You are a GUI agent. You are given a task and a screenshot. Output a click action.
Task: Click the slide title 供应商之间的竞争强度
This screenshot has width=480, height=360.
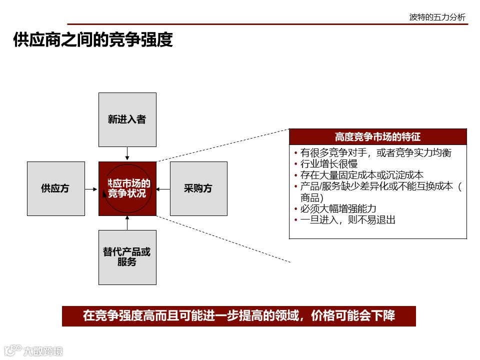coord(93,40)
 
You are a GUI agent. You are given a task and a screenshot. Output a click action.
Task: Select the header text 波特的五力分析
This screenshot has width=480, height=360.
coord(437,17)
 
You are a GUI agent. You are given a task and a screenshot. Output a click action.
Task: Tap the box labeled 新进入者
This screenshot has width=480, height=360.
coord(127,119)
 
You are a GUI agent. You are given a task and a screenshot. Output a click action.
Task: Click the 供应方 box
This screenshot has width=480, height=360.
coord(55,188)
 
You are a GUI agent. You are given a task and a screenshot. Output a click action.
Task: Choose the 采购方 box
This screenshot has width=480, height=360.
coord(198,188)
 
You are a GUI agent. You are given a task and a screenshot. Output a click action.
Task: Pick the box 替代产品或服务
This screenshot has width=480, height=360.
coord(127,257)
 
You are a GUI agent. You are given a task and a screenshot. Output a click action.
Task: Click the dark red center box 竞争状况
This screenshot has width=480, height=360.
coord(127,188)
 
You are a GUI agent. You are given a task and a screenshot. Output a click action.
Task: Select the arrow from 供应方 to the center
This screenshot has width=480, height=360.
coord(91,189)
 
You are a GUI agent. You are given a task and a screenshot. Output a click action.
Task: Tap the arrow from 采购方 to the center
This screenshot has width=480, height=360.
coord(163,189)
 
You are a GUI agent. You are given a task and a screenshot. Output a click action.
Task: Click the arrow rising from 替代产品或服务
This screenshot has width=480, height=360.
coord(127,223)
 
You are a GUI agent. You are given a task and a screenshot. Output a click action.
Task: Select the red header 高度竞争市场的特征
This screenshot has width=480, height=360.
coord(377,136)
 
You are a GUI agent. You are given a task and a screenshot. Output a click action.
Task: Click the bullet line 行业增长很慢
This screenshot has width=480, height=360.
coord(328,164)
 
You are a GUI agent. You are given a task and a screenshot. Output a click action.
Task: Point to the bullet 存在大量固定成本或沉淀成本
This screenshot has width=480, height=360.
coord(361,175)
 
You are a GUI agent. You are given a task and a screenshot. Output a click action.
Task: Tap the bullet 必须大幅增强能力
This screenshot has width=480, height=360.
coord(338,208)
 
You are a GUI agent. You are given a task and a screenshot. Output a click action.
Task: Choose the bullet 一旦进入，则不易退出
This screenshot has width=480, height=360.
coord(347,219)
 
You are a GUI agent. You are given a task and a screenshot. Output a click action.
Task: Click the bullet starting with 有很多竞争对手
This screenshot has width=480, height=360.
coord(375,153)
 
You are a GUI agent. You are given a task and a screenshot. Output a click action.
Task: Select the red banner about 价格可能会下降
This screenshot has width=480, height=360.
coord(238,316)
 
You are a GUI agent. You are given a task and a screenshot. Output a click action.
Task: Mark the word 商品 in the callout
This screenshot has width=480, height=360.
coord(312,197)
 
